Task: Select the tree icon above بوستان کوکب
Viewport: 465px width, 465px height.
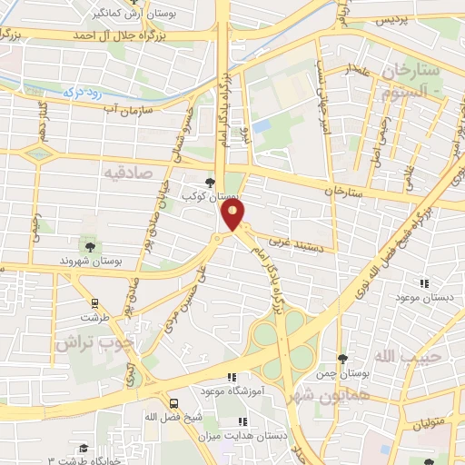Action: click(211, 182)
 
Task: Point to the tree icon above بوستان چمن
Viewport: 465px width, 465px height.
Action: click(341, 360)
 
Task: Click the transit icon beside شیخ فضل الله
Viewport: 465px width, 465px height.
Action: click(173, 401)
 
